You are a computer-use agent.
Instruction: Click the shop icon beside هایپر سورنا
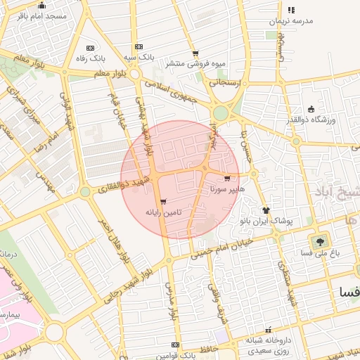[x=226, y=179]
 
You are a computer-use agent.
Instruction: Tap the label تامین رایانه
[x=163, y=211]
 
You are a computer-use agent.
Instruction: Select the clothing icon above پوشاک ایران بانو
[x=266, y=210]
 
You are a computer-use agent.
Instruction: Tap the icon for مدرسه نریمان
[x=291, y=10]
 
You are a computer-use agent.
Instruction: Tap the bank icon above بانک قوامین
[x=175, y=345]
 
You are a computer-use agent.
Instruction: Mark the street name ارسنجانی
[x=226, y=82]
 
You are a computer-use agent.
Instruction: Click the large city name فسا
[x=349, y=291]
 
